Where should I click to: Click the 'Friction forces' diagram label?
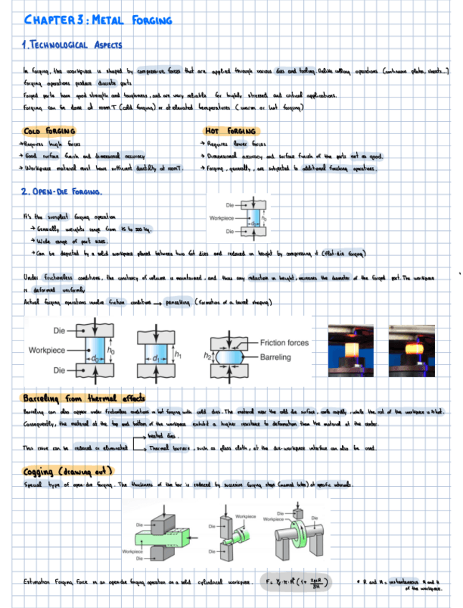point(284,343)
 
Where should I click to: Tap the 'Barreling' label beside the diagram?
point(275,356)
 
